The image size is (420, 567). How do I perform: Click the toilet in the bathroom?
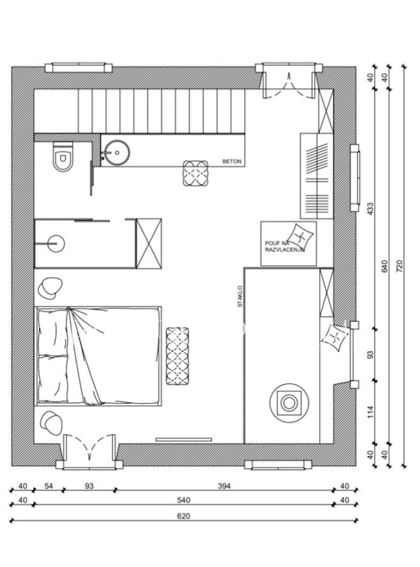click(63, 157)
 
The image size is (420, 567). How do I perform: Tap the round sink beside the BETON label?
click(118, 153)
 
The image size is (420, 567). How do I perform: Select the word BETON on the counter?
click(232, 162)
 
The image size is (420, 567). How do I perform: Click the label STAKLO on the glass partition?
click(240, 296)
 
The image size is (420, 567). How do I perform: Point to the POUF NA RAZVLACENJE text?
click(284, 247)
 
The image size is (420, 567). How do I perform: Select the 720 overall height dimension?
click(401, 266)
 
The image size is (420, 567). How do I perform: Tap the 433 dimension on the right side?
click(370, 208)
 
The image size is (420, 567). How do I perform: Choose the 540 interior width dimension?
click(184, 500)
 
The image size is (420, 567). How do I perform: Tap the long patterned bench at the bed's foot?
click(177, 356)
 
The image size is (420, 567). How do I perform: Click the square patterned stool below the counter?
click(195, 173)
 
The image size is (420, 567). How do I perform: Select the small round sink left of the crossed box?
click(56, 244)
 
